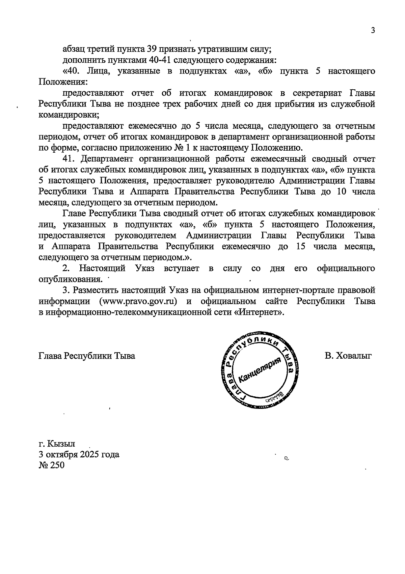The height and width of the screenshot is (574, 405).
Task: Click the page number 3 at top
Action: (373, 30)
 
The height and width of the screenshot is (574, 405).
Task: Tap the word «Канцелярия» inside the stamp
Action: (260, 369)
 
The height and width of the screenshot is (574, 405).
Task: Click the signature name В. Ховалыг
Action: (348, 356)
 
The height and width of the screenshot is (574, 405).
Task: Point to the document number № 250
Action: (51, 465)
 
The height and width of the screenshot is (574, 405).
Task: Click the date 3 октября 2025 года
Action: (79, 454)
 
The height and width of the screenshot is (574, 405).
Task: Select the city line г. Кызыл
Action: (57, 443)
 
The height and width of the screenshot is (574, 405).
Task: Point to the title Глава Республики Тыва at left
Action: (87, 356)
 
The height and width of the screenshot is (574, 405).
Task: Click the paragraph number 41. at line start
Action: (70, 159)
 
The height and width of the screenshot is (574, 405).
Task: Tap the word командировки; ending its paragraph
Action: (69, 115)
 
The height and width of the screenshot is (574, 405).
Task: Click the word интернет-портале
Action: (305, 290)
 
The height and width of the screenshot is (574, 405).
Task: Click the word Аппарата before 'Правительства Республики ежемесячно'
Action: (71, 246)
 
